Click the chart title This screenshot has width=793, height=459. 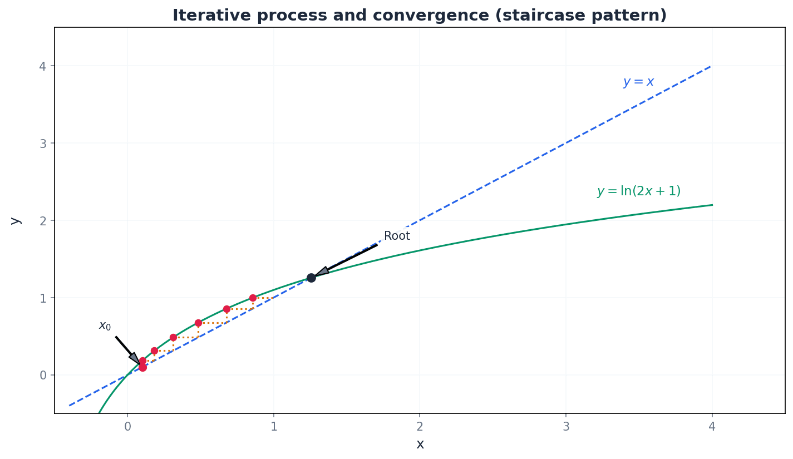(419, 15)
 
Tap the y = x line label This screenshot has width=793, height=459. (638, 82)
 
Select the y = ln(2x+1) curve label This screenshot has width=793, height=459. (638, 191)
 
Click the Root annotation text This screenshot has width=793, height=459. (397, 236)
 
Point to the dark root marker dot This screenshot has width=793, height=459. (311, 278)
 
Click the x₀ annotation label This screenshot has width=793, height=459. (105, 326)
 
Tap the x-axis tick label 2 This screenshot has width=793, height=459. (420, 427)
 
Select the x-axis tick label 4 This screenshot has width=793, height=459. (712, 427)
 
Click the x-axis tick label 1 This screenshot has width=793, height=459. (273, 427)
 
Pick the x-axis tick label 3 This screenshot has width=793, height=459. (566, 427)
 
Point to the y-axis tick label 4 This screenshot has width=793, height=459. (43, 66)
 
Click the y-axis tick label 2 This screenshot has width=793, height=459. (43, 221)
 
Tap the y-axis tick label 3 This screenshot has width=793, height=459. (43, 144)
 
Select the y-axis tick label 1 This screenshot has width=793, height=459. (43, 298)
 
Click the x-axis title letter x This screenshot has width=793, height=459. (420, 444)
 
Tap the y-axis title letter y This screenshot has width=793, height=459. (15, 221)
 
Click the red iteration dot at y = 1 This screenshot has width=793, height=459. (253, 298)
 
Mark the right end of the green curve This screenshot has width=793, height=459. (712, 205)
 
